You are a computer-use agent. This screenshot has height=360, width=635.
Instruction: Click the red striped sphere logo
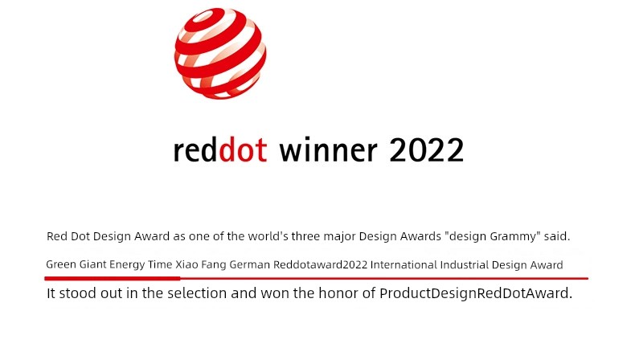pyautogui.click(x=220, y=53)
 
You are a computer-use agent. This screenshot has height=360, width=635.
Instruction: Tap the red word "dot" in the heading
pyautogui.click(x=243, y=149)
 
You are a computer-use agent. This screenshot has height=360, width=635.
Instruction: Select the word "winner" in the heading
pyautogui.click(x=329, y=150)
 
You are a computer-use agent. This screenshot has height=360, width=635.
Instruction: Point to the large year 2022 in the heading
pyautogui.click(x=427, y=150)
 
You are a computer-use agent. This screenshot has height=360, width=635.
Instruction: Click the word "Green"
pyautogui.click(x=61, y=264)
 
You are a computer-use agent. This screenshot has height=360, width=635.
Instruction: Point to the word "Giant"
pyautogui.click(x=92, y=264)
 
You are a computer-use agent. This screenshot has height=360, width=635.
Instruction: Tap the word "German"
pyautogui.click(x=249, y=265)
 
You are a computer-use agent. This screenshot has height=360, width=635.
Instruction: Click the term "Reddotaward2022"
pyautogui.click(x=321, y=265)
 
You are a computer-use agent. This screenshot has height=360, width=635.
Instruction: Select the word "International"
pyautogui.click(x=404, y=265)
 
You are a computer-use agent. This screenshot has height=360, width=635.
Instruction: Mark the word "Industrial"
pyautogui.click(x=465, y=265)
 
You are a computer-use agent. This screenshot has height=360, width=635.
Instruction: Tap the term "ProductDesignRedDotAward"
pyautogui.click(x=476, y=293)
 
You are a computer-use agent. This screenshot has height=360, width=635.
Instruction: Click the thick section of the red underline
pyautogui.click(x=113, y=278)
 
